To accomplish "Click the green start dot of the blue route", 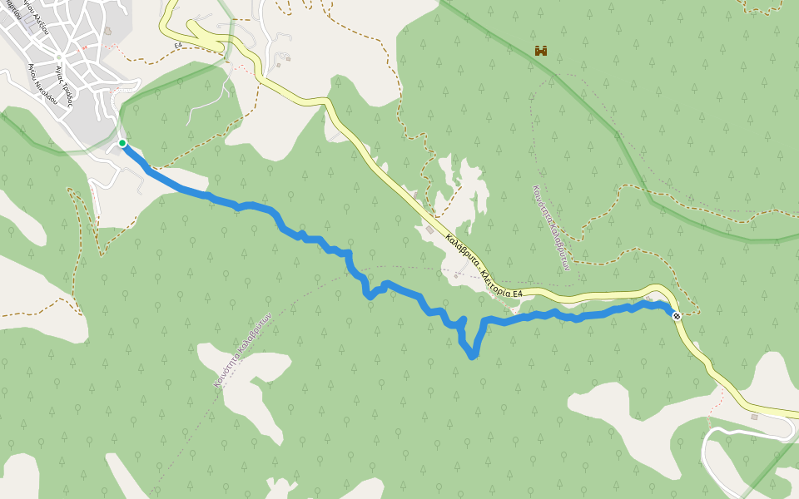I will tap(122, 143).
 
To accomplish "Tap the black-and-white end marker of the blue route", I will tap(677, 315).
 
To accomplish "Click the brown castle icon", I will tap(541, 51).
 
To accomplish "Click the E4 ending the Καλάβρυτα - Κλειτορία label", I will tap(517, 294).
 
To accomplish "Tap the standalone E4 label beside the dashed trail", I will tap(178, 45).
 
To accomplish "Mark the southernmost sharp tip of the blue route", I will tap(473, 356).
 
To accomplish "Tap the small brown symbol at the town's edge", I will tap(108, 31).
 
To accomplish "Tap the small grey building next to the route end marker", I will tap(648, 298).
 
